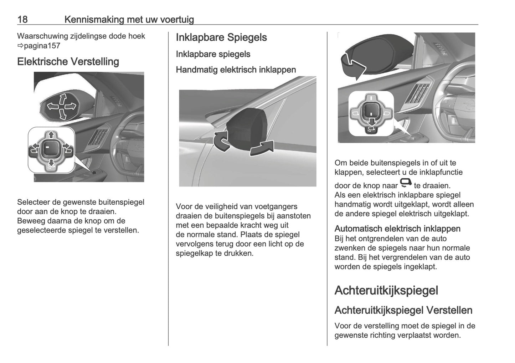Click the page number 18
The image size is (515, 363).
point(22,19)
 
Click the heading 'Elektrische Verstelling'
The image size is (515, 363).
point(68,62)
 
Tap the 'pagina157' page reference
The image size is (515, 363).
point(42,46)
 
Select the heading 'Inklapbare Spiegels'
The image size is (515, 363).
point(221,37)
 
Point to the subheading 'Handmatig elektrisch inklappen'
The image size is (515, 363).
point(236,70)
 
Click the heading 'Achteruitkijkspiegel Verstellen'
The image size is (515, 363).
point(403,310)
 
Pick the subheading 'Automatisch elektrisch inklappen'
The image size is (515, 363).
point(397,229)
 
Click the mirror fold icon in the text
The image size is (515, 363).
point(406,183)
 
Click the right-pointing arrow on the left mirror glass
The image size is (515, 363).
point(71,106)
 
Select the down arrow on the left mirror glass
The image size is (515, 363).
point(63,114)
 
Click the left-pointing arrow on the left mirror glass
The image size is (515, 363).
point(53,106)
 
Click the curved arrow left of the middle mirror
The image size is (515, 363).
point(221,142)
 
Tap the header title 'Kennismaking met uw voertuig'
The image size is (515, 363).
point(129,19)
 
